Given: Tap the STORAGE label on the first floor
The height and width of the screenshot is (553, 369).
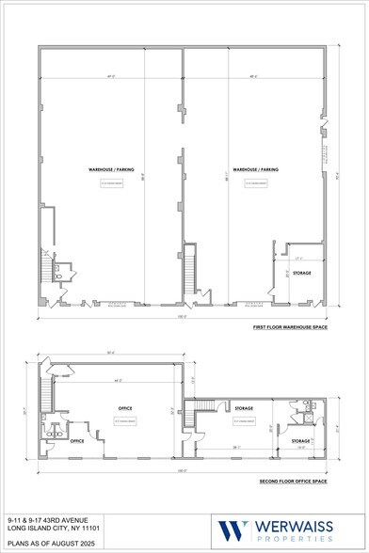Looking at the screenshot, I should tap(301, 273).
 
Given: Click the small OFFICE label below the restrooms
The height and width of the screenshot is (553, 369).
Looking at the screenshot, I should tap(78, 441).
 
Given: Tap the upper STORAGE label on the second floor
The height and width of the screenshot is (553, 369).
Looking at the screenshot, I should tap(244, 409).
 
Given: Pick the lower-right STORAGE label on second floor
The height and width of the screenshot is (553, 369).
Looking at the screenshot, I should tap(301, 440).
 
